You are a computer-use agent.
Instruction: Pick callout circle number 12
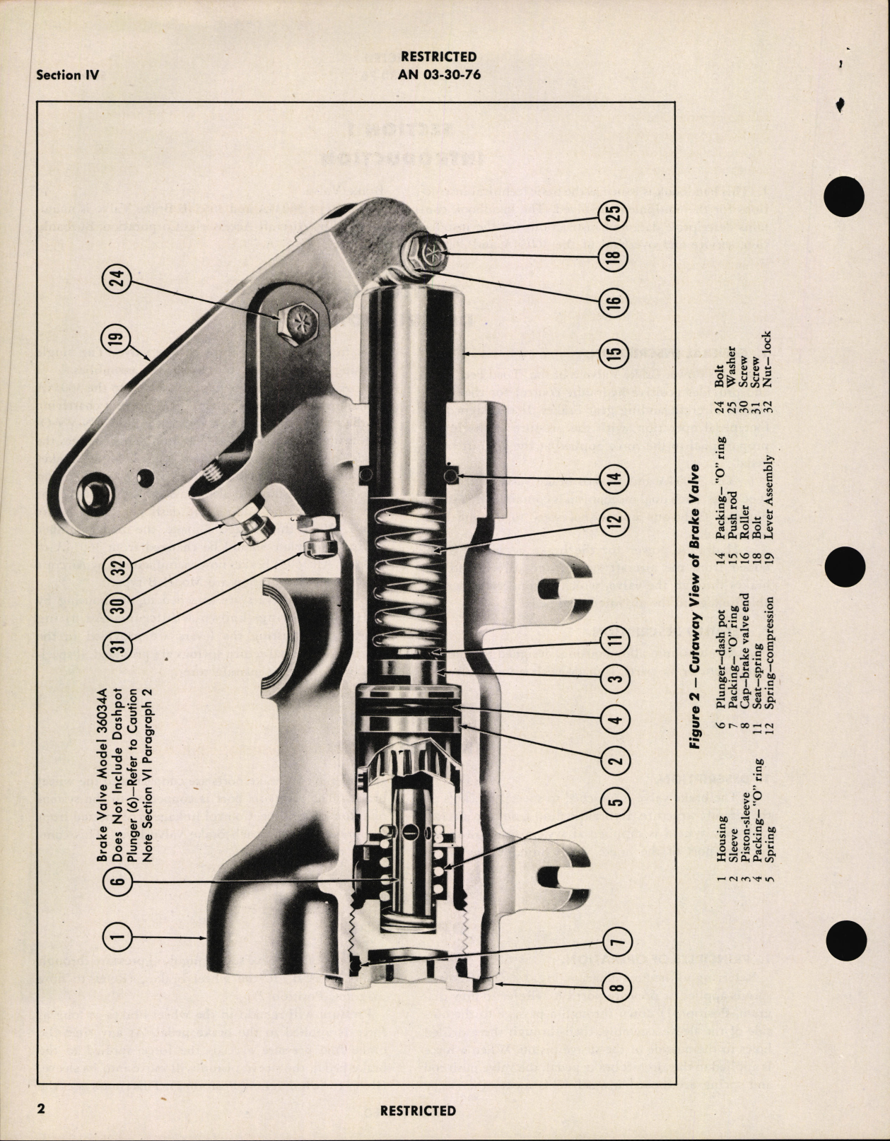612,523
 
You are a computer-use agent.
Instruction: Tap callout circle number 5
612,801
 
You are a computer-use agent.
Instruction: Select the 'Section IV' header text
67,75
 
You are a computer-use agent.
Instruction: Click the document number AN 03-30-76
439,74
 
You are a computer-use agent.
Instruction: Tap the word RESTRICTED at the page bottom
418,1110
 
